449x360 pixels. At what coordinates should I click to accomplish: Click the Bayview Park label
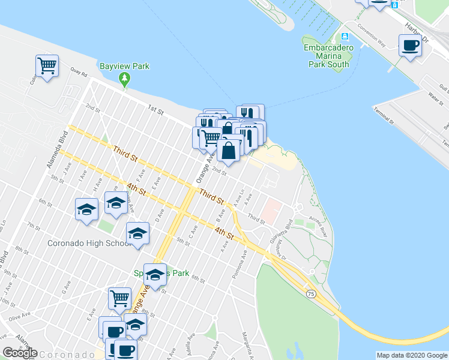coord(124,66)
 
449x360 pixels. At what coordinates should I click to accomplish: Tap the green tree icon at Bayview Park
coord(124,78)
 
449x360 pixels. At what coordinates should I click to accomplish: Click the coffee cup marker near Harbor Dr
coord(410,46)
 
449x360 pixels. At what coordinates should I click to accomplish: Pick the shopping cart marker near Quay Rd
coord(47,66)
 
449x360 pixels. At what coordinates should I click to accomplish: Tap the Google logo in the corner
coord(20,353)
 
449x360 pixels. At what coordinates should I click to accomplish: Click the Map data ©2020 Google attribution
coord(412,355)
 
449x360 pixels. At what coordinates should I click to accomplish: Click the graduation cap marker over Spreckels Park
coord(155,275)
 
